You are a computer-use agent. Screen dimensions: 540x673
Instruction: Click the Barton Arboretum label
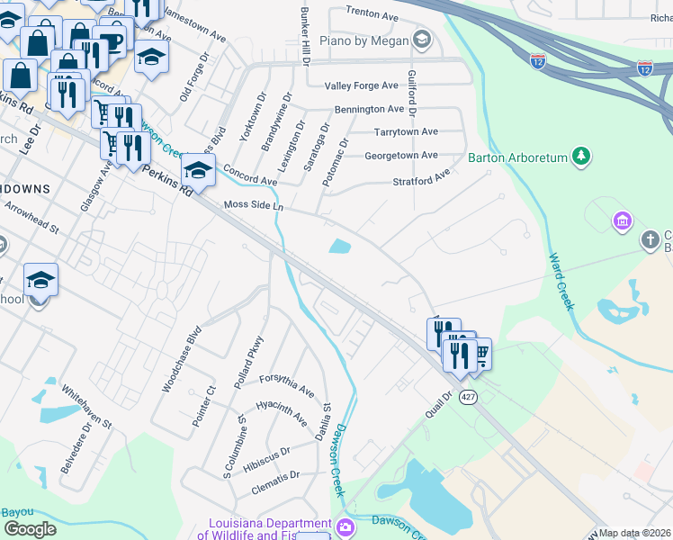tap(517, 157)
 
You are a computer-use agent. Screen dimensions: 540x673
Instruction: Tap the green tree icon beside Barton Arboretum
tap(581, 157)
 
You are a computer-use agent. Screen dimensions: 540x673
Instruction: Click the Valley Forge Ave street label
tap(362, 85)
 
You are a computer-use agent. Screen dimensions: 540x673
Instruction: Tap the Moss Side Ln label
tap(254, 207)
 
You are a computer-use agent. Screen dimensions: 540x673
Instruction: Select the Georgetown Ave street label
tap(400, 156)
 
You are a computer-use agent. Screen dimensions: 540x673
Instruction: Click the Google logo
tap(30, 528)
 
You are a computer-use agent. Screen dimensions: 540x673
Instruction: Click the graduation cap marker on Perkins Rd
tap(198, 170)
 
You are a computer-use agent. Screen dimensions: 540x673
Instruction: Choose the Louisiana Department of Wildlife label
tap(270, 529)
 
